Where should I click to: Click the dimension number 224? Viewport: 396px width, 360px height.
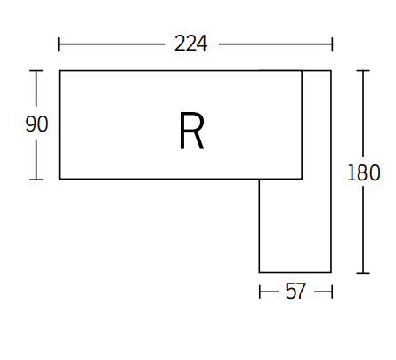(191, 44)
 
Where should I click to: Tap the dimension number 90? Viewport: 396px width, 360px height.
(36, 124)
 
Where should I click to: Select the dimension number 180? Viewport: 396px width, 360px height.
(364, 172)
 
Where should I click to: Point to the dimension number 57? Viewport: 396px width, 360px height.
(295, 292)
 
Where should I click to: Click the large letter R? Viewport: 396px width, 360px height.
(191, 131)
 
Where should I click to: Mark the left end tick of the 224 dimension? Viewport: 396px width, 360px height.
(59, 44)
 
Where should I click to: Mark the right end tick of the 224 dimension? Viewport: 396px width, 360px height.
(332, 44)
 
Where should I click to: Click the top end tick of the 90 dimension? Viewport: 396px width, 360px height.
(36, 71)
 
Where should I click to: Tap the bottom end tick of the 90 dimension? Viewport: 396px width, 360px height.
(36, 180)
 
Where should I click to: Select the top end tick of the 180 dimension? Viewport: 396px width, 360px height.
(364, 71)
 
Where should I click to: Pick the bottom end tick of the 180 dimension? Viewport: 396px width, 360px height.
(364, 272)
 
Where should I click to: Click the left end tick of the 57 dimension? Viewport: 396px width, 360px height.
(260, 292)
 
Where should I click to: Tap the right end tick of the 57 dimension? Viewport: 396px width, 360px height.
(331, 292)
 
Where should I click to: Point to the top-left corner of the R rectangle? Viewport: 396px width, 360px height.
(60, 70)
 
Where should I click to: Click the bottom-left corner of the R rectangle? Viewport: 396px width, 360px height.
(60, 179)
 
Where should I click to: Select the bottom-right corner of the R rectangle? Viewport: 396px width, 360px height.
(302, 179)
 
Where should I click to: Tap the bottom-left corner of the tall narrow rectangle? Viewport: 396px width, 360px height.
(260, 272)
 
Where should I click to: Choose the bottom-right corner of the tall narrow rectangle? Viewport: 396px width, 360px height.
(331, 272)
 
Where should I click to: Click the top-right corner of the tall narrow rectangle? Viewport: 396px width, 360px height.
(331, 70)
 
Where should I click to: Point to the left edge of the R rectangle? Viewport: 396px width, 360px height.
(60, 124)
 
